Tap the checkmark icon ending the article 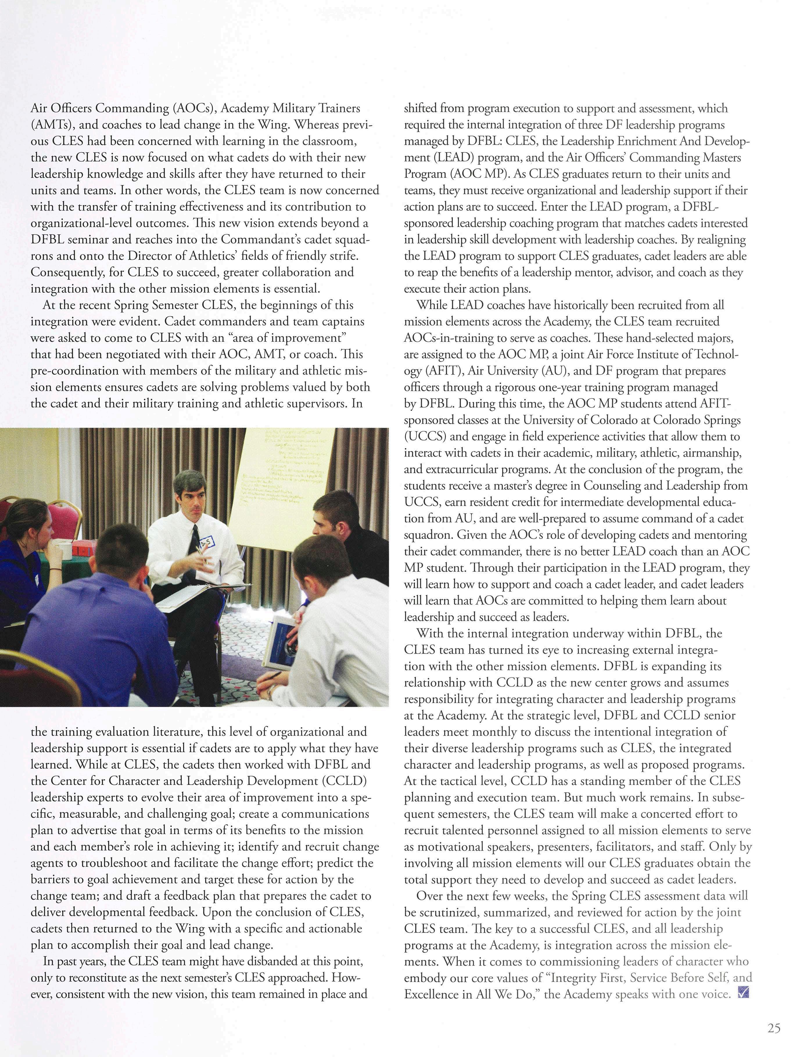[x=743, y=993]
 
